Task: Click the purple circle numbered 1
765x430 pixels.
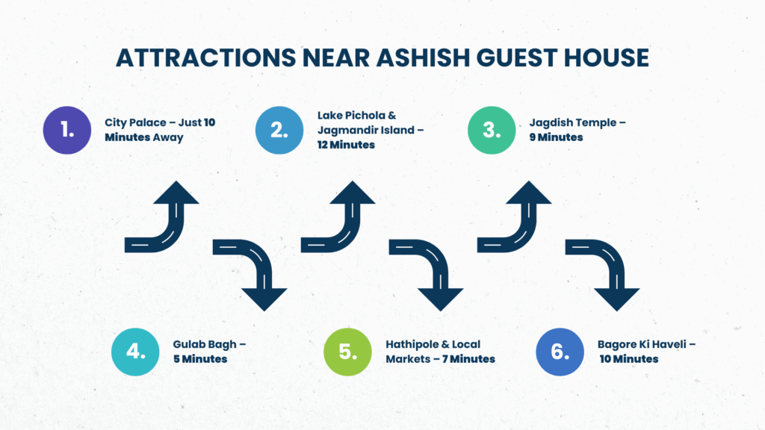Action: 66,130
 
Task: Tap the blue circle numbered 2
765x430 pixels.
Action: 279,130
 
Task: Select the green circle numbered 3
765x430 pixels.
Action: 492,130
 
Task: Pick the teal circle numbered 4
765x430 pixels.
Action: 135,352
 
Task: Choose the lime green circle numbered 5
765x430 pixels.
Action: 347,352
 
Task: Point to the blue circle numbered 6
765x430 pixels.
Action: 560,352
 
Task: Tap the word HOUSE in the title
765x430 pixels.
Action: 607,57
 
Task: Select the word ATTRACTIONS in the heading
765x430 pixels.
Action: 206,57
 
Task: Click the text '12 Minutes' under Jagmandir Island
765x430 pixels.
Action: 346,145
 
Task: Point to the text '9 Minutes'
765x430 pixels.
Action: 556,137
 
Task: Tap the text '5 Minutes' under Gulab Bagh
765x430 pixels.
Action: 200,359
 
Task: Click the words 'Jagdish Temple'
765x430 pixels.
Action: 573,123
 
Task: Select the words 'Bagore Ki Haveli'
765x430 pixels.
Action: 642,344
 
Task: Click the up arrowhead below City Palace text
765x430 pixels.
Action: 176,193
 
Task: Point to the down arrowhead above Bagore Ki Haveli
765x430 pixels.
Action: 616,299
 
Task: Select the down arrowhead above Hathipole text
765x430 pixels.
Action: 441,299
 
